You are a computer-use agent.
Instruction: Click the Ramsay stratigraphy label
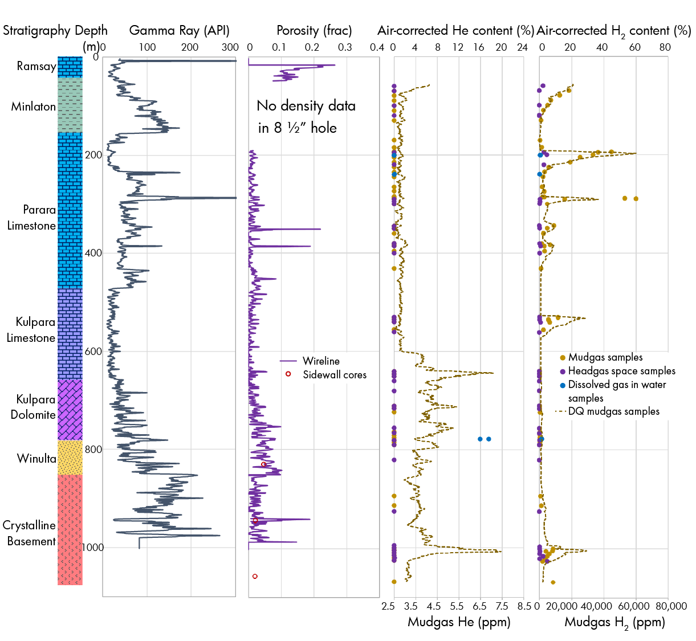coord(36,66)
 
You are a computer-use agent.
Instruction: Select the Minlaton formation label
coord(33,107)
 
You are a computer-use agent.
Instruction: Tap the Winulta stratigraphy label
coord(36,459)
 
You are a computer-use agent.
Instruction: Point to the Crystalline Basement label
coord(29,533)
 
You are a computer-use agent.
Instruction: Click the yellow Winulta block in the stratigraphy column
coord(70,458)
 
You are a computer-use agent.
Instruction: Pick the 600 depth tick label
coord(93,352)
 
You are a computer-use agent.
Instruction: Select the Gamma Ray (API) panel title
coord(179,31)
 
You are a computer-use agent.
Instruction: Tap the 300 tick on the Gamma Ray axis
coord(230,47)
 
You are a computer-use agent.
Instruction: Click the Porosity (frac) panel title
coord(314,31)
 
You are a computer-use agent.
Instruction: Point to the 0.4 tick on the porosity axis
coord(377,47)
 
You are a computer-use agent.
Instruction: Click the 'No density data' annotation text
coord(306,106)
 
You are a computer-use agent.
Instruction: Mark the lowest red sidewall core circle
coord(255,576)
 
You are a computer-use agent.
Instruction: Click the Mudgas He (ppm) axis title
coord(459,622)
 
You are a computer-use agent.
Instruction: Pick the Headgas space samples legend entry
coord(621,371)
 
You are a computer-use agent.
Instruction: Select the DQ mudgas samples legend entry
coord(613,411)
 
